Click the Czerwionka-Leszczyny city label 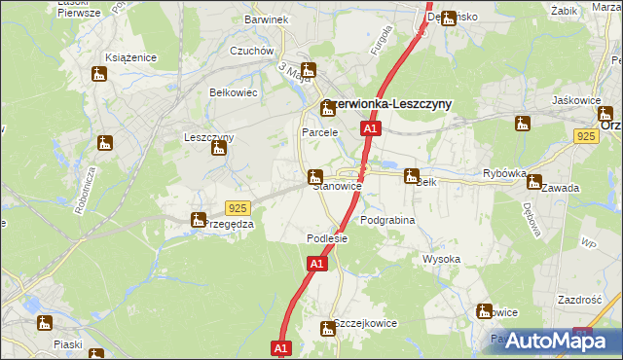point(387,106)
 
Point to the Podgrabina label point(387,221)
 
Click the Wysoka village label point(441,259)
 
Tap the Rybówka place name point(504,173)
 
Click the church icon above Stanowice point(314,176)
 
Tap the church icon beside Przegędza point(199,220)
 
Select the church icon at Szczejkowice point(327,328)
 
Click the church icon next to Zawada point(533,180)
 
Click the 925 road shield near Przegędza point(238,208)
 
